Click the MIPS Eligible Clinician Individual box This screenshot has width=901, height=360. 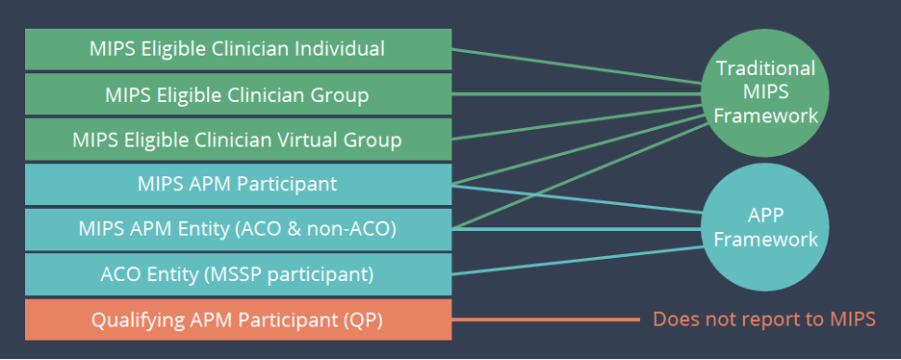coord(238,49)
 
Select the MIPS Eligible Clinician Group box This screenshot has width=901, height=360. coord(238,94)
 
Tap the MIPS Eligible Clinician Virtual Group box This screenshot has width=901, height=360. coord(238,140)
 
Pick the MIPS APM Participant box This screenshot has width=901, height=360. coord(238,184)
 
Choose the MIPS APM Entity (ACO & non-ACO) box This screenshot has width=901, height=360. coord(238,229)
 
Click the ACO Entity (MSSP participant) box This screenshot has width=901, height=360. coord(238,274)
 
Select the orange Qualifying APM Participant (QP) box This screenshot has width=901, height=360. coord(238,320)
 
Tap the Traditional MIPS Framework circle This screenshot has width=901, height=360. coord(766,92)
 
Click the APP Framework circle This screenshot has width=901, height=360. coord(766,227)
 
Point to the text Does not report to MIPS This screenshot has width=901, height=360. coord(764,320)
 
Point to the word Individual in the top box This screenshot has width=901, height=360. coord(339,48)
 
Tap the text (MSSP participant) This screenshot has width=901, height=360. coord(288,274)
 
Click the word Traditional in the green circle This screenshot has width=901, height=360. coord(766,68)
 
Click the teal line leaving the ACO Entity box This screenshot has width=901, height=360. coord(578,260)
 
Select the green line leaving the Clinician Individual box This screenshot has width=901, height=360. coord(578,69)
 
